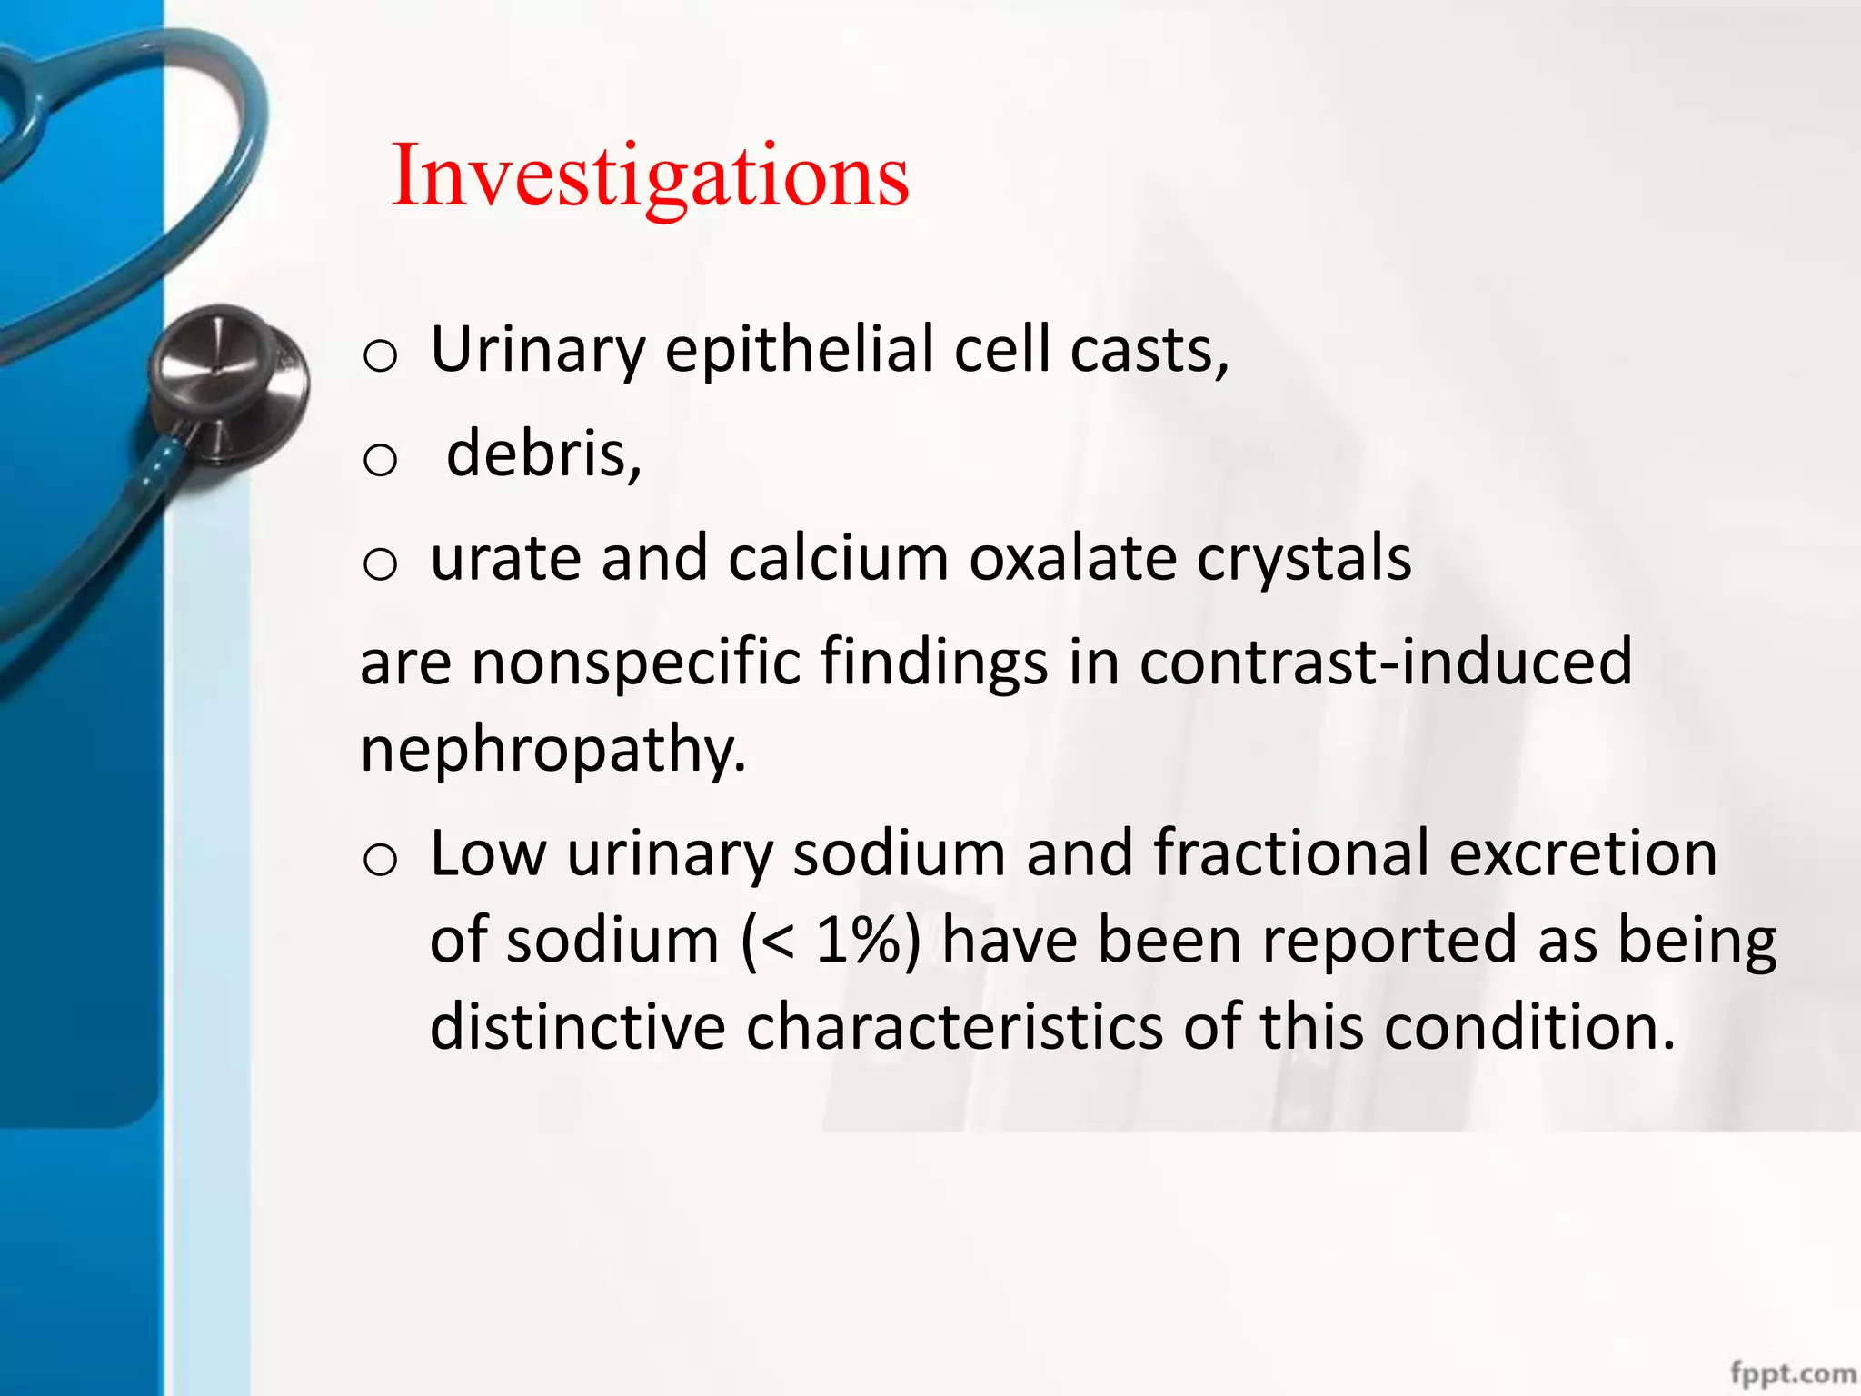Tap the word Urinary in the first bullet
537,350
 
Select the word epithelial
799,350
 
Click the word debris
543,454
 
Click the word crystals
1304,559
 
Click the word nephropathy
552,751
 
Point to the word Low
488,853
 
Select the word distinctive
577,1027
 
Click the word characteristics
954,1027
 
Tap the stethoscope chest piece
227,382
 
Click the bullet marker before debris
380,460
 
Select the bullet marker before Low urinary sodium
380,860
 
